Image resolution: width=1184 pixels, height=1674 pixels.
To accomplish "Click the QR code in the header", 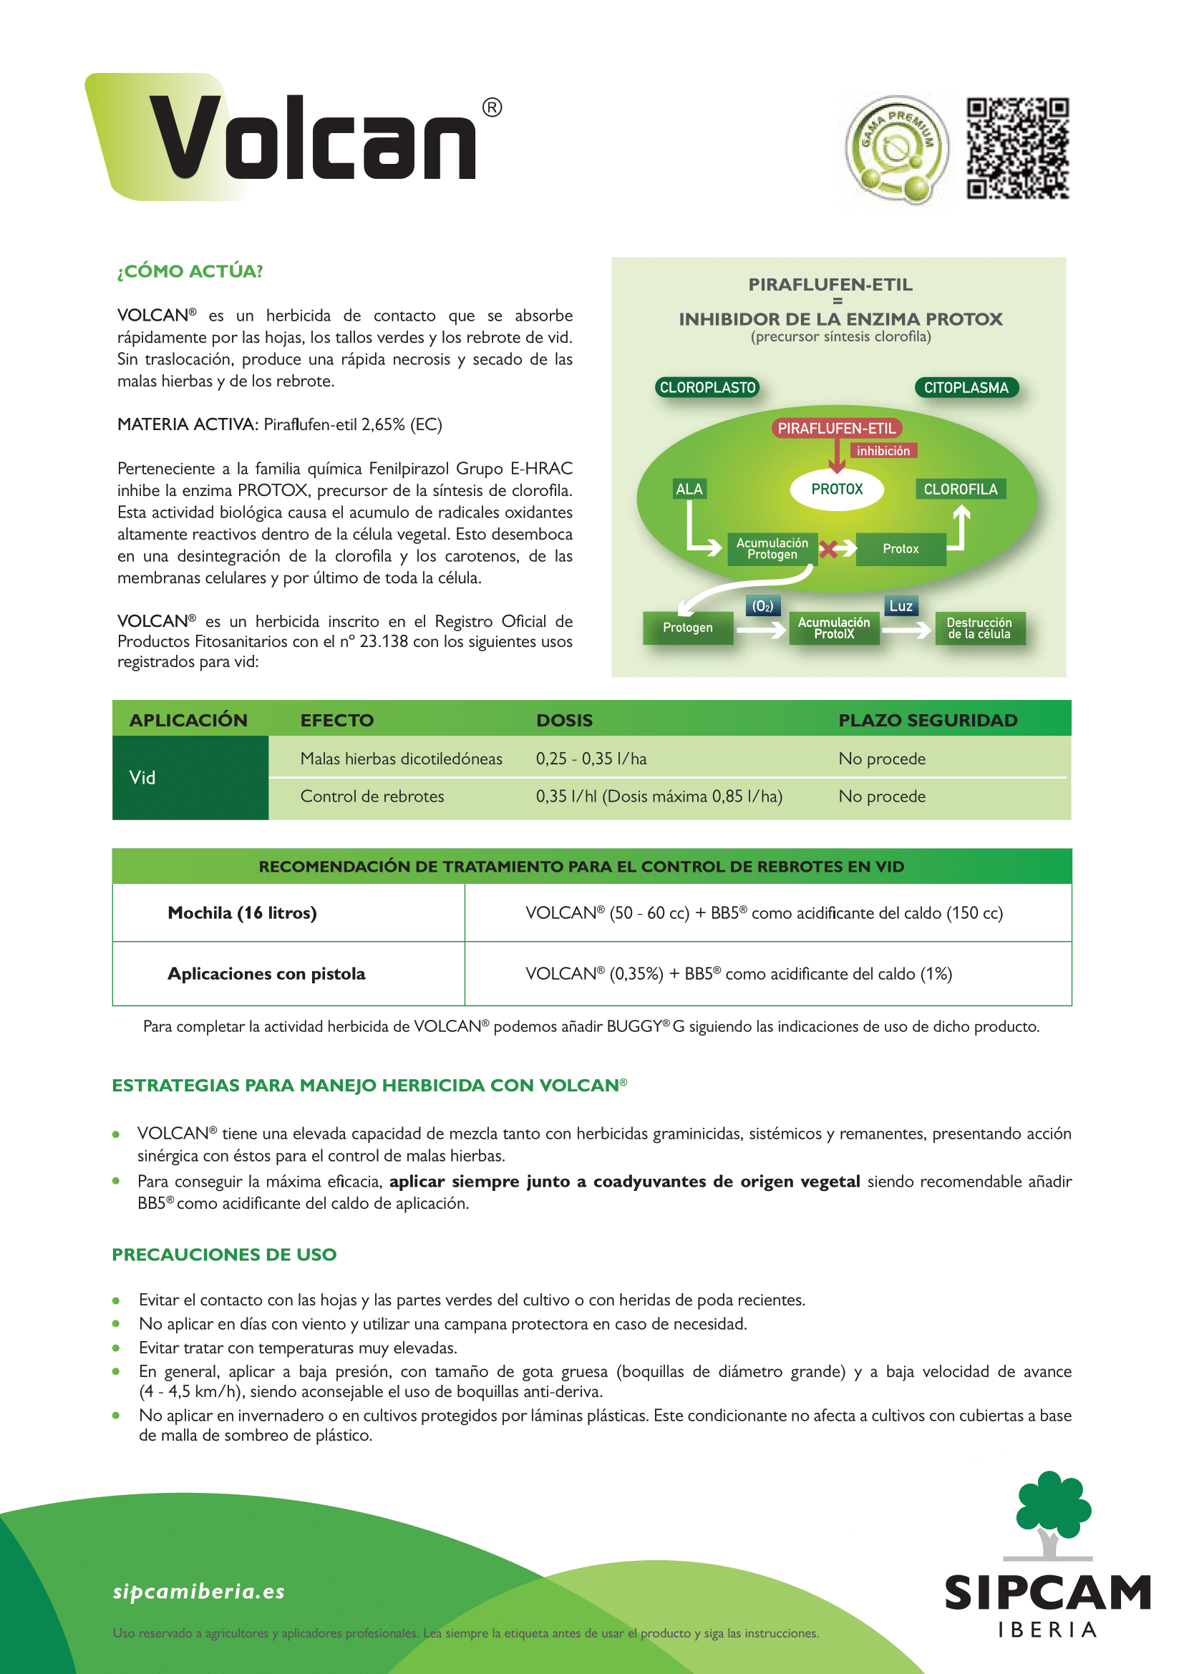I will tap(1017, 148).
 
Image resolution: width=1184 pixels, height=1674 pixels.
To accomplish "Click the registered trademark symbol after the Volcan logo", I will tap(492, 108).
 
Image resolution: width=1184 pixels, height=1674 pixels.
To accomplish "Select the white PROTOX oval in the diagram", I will tap(837, 490).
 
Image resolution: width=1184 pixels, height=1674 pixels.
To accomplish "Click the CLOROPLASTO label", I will tap(707, 388).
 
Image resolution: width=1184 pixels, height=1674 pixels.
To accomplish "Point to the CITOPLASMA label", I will tap(966, 388).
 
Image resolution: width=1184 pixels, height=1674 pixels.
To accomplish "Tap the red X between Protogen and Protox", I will tap(828, 549).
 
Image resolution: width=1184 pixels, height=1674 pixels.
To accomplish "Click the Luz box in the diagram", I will tap(901, 606).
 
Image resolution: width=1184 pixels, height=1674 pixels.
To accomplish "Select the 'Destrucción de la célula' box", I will tap(979, 628).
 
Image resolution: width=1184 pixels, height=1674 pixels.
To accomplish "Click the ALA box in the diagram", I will tap(689, 490).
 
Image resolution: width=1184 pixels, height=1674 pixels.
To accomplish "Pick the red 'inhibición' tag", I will tap(883, 452).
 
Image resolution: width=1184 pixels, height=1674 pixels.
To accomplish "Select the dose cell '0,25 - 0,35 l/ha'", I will tap(591, 759).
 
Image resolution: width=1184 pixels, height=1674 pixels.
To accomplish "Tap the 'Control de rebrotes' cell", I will tap(372, 796).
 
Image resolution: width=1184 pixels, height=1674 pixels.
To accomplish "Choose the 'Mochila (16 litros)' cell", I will tap(242, 913).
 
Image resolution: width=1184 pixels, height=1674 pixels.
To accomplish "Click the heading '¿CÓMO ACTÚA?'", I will tap(190, 271).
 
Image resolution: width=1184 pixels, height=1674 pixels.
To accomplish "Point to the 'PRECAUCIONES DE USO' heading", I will tap(224, 1255).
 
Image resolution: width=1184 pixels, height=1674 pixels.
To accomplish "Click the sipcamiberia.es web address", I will tap(198, 1592).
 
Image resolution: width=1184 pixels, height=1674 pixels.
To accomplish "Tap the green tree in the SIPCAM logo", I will tap(1053, 1506).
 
